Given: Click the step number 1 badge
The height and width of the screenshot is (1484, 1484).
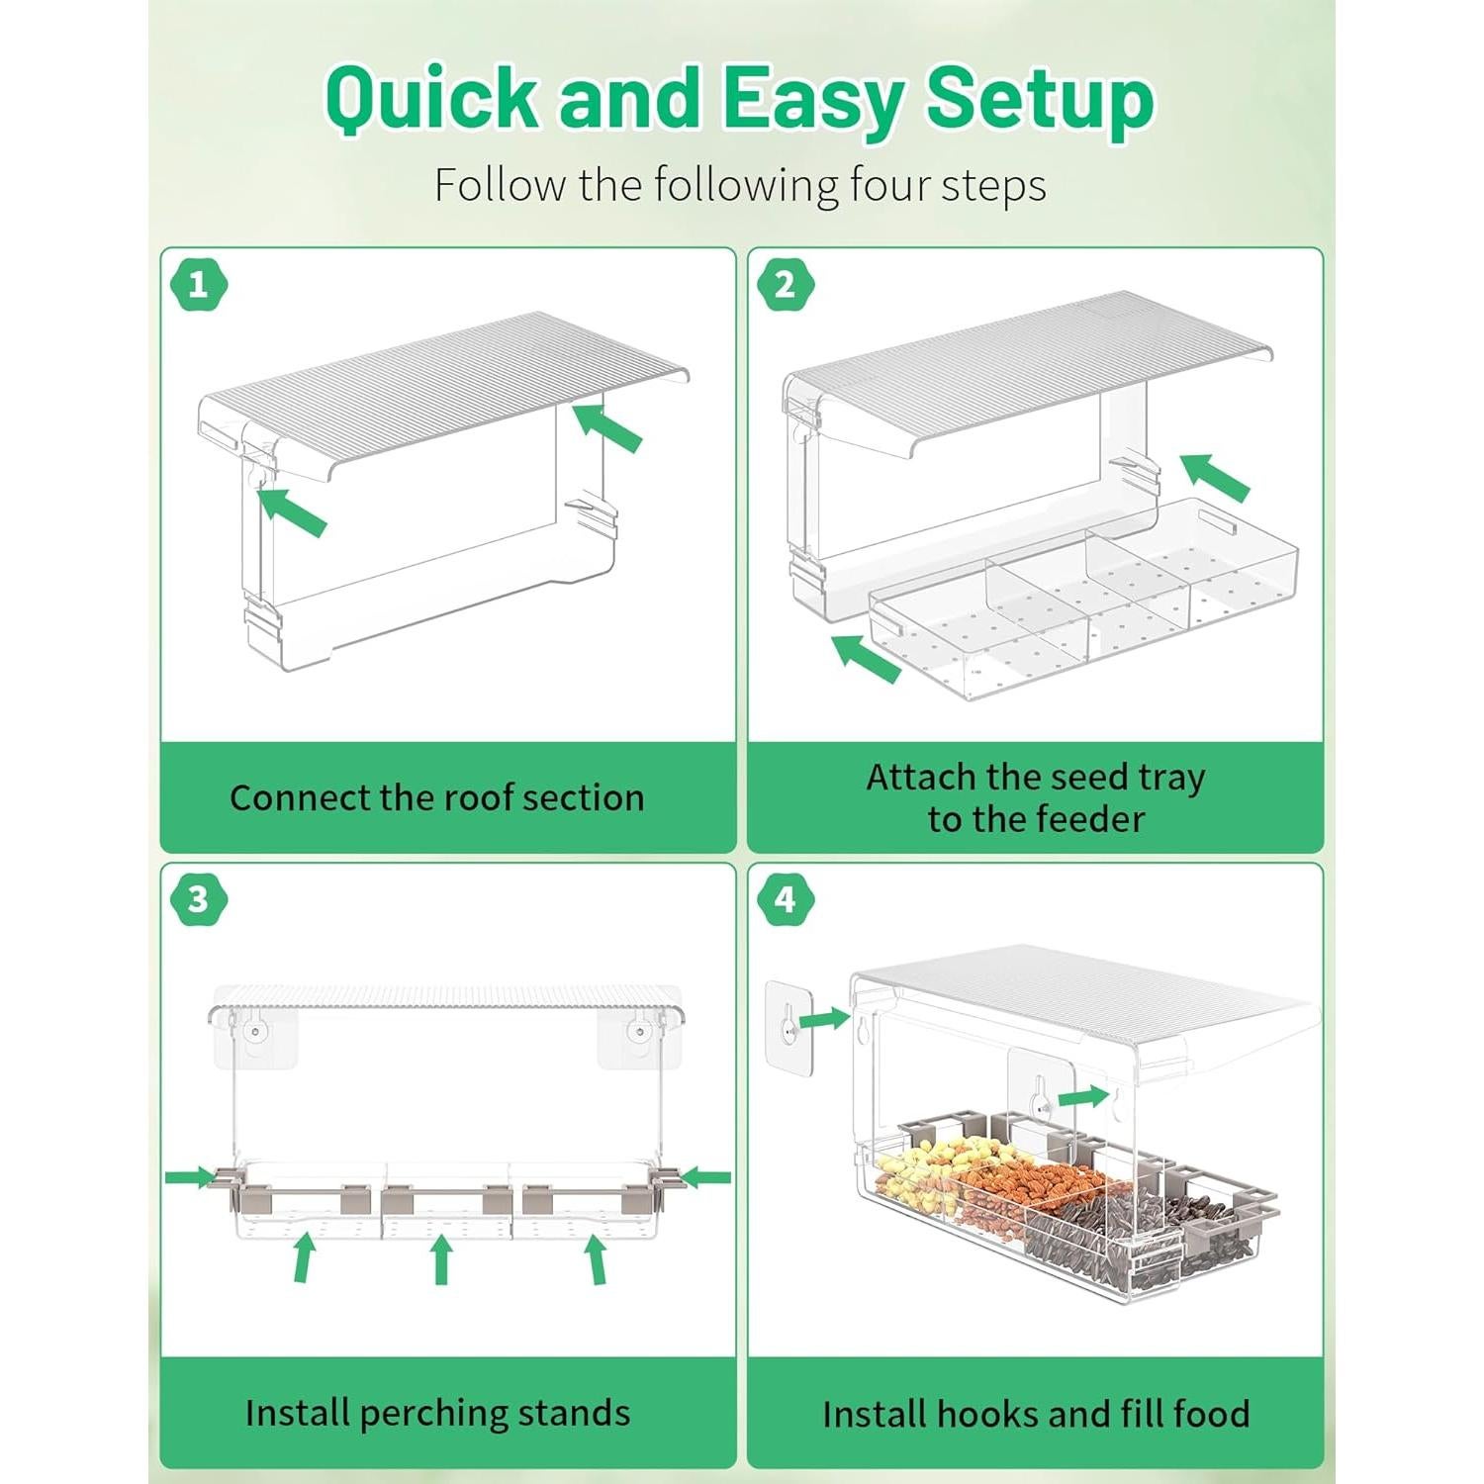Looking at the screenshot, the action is [199, 285].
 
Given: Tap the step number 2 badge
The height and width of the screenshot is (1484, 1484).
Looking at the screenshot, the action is [786, 285].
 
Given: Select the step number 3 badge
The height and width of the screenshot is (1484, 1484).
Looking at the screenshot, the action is [199, 899].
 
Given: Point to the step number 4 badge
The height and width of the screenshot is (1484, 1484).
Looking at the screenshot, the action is [786, 899].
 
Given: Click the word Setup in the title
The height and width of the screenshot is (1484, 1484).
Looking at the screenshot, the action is [1040, 99].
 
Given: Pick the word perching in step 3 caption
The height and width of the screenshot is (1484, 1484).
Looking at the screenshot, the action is [430, 1414].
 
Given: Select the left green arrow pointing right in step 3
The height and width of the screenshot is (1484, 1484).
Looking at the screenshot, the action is [191, 1176].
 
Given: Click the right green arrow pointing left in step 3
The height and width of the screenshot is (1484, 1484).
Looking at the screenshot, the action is [706, 1176].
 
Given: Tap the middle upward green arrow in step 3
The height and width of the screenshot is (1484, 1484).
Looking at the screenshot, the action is [441, 1260].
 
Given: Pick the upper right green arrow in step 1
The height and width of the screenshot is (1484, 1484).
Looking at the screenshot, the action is [607, 426].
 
